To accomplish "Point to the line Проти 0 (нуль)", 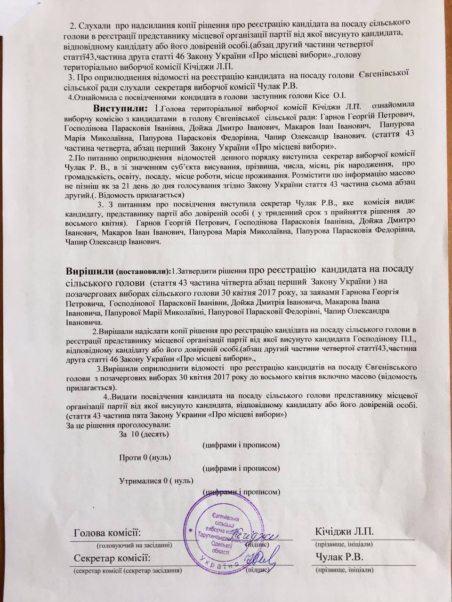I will click(x=145, y=457).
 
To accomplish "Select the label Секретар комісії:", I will click(x=112, y=558).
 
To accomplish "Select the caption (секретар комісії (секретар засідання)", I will click(x=128, y=570).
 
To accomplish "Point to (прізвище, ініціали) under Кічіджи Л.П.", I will click(x=344, y=544).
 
